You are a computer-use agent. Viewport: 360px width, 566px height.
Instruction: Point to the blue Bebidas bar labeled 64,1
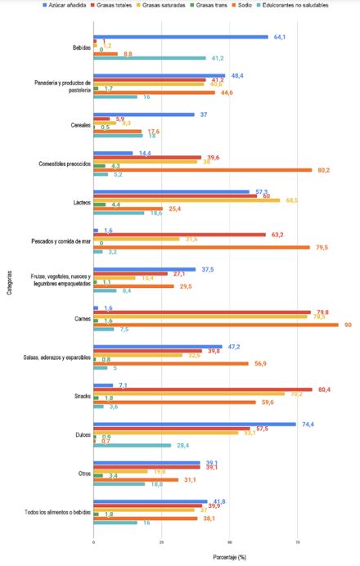(180, 37)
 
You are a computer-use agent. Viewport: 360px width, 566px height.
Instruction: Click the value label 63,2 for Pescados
(277, 234)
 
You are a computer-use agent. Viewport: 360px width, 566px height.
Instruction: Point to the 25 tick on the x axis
(162, 541)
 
